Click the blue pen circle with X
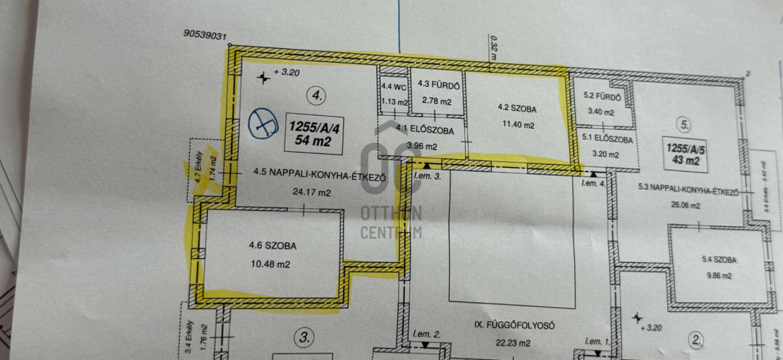pos(264,125)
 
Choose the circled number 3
pos(305,336)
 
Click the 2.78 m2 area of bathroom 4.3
pos(437,102)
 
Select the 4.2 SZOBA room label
pos(517,109)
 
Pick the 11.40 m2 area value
pos(517,125)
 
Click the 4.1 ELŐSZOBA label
pos(425,130)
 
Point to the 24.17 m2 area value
pos(312,193)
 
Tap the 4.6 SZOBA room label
pos(272,246)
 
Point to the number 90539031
pos(206,34)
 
